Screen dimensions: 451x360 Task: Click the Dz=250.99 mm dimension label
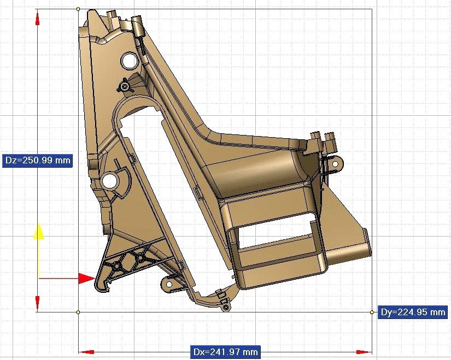37,160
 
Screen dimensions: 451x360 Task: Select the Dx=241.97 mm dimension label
225,352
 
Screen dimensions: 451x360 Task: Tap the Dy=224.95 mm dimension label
413,312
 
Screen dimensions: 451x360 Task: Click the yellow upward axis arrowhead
38,231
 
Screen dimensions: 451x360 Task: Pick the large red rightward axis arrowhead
86,279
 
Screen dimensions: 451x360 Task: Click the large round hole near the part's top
128,61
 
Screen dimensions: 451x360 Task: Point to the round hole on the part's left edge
109,181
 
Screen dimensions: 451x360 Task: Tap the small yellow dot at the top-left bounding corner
78,9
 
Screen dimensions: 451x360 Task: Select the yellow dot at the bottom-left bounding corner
78,312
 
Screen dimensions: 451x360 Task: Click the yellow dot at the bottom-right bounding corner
372,312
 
